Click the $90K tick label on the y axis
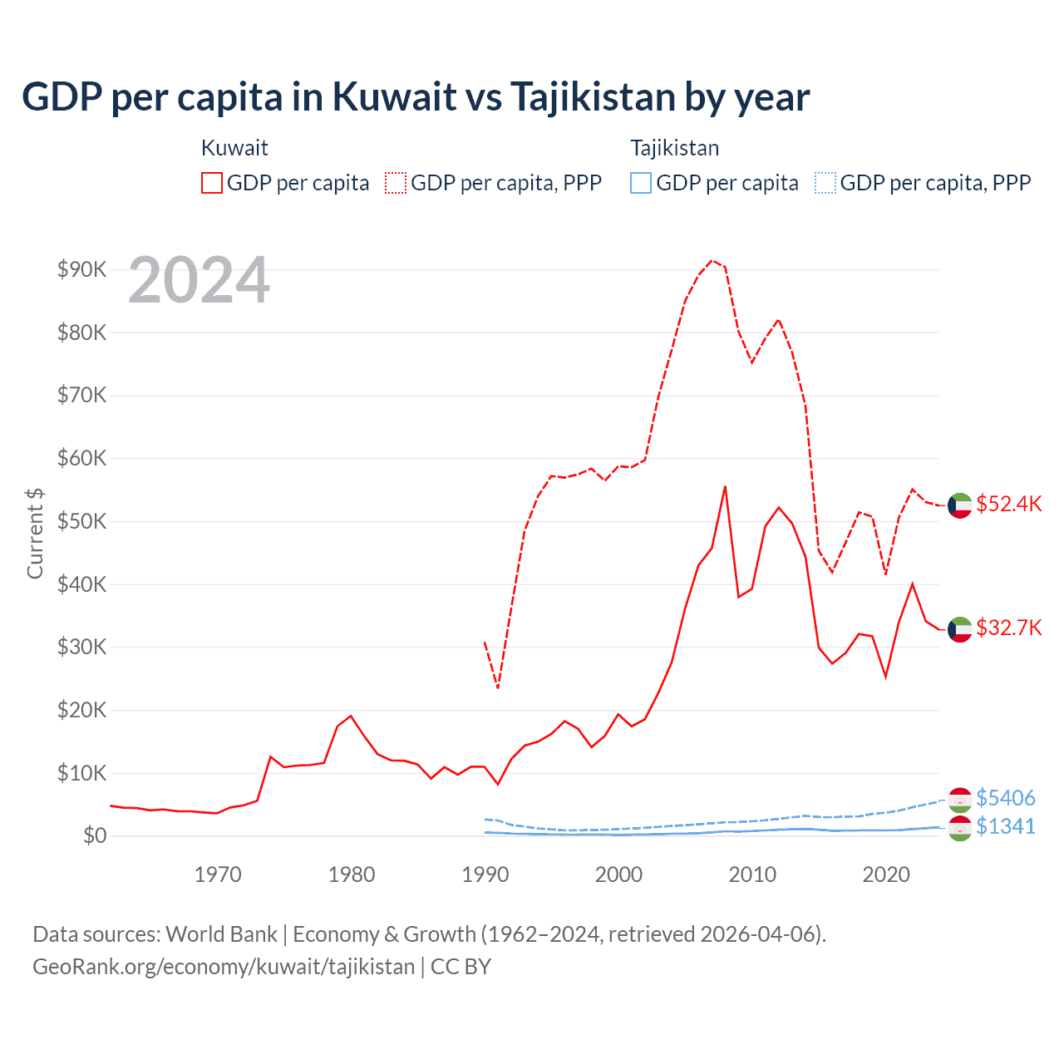81,269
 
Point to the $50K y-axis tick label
81,521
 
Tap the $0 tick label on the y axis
94,835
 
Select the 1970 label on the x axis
218,874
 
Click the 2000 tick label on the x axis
618,874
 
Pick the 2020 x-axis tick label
886,874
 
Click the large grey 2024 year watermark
199,281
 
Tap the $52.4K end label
1008,505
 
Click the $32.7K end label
1008,628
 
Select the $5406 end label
1005,798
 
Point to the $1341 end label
1005,826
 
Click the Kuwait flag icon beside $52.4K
960,505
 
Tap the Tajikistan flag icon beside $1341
960,828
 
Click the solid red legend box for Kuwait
212,183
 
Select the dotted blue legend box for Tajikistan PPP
825,183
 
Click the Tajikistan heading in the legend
674,148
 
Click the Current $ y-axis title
35,533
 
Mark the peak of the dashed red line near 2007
712,260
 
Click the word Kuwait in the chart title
395,96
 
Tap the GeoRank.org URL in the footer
224,967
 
